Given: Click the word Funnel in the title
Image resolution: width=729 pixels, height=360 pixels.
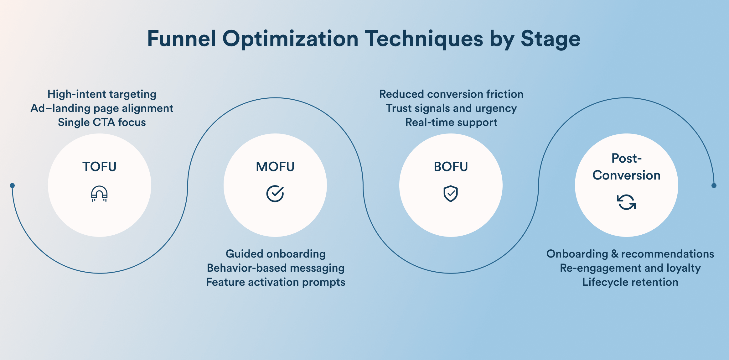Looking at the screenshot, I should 182,39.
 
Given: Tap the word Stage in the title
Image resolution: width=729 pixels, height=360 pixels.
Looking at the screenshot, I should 551,39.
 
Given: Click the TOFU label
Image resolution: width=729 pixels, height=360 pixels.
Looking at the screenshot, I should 100,167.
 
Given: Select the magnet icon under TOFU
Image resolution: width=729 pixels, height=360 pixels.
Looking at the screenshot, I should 99,194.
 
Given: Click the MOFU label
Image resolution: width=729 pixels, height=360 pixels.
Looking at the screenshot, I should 275,167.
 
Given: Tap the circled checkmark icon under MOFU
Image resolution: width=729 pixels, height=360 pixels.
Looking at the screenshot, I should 275,194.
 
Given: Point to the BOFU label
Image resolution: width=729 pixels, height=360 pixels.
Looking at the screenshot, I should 451,167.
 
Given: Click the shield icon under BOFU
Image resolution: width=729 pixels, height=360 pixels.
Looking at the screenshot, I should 451,194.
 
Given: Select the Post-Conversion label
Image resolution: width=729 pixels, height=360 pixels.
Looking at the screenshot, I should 626,167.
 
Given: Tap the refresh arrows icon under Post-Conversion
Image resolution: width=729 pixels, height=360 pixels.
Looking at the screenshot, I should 626,202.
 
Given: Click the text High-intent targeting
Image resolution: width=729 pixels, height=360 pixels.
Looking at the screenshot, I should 102,94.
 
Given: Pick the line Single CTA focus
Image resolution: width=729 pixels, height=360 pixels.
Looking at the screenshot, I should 102,122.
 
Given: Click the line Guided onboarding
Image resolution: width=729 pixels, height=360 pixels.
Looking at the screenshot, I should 276,254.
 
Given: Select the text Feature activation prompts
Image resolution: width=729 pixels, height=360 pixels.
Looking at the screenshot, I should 276,282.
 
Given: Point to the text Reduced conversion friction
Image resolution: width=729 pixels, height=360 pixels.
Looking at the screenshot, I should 451,94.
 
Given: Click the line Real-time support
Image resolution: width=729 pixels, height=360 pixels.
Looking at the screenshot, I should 451,122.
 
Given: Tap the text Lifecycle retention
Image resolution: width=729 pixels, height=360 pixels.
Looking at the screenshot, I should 630,282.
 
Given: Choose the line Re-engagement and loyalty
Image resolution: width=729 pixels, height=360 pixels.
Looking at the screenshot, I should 630,268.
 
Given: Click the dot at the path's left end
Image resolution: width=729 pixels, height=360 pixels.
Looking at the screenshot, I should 12,185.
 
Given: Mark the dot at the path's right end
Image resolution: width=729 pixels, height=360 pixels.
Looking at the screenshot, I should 714,185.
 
